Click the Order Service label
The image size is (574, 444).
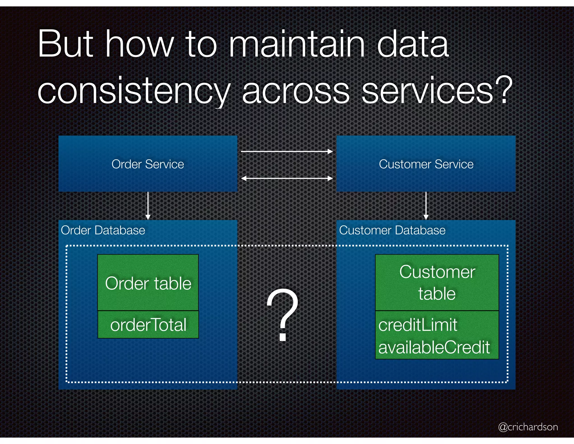[148, 164]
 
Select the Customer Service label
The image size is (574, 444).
[426, 164]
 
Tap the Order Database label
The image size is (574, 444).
[103, 230]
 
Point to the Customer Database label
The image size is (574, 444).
[392, 230]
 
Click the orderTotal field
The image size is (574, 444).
[148, 325]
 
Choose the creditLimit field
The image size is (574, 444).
[418, 325]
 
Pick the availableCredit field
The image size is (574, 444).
[434, 347]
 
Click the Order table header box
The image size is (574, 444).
[148, 283]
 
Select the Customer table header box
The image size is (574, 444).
[437, 283]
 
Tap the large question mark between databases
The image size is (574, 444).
[283, 314]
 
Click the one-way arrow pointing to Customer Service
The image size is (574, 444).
[287, 152]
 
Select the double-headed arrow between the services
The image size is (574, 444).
[287, 178]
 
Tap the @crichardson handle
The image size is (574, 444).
[528, 427]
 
